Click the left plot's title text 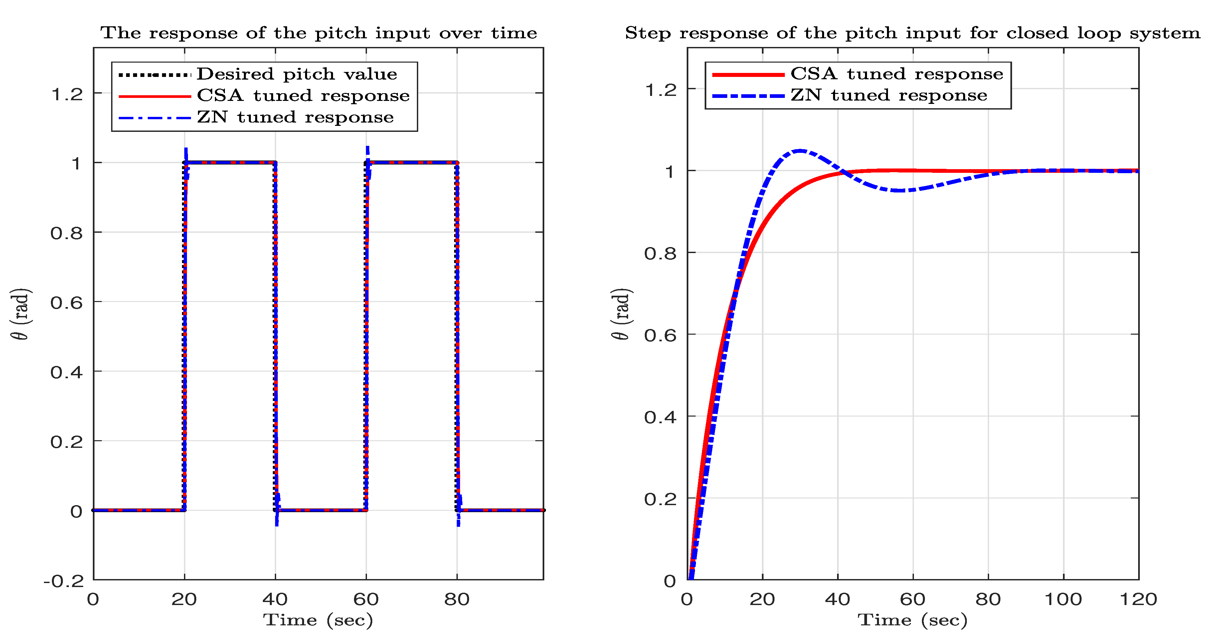coord(318,33)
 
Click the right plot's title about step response coord(912,33)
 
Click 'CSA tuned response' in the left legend coord(303,96)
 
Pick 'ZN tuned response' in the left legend coord(295,117)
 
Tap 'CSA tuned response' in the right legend coord(896,74)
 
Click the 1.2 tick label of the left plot coord(67,94)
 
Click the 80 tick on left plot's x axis coord(456,599)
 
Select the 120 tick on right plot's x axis coord(1138,599)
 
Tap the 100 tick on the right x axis coord(1063,599)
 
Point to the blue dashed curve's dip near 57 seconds coord(900,191)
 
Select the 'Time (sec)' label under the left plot coord(318,620)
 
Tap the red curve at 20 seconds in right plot coord(763,228)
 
